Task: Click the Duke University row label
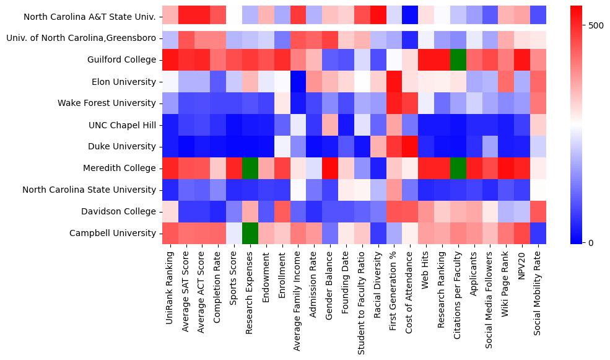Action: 120,147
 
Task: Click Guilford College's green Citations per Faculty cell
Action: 458,60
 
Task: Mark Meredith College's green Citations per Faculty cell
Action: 458,169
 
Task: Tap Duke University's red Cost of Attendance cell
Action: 410,147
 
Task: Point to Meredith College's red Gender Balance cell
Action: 330,169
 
